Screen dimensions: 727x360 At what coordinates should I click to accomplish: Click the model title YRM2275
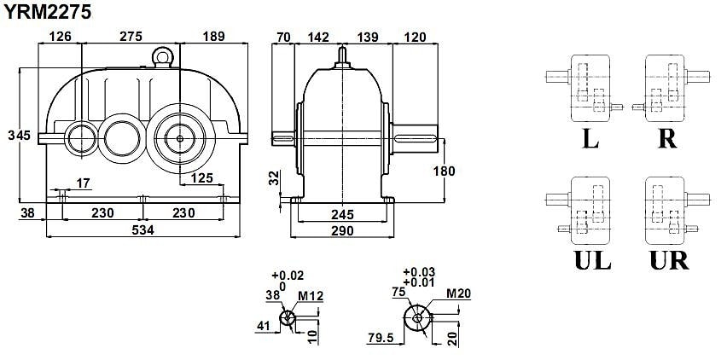pyautogui.click(x=47, y=13)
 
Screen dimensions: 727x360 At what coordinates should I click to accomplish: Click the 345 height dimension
pyautogui.click(x=19, y=136)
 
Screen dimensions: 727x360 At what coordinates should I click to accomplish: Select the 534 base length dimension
pyautogui.click(x=143, y=229)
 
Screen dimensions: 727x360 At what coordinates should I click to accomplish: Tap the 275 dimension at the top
pyautogui.click(x=131, y=37)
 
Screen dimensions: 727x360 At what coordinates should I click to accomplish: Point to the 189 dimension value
pyautogui.click(x=213, y=37)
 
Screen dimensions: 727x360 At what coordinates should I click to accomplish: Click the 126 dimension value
pyautogui.click(x=61, y=37)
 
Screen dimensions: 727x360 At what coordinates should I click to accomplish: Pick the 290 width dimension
pyautogui.click(x=342, y=230)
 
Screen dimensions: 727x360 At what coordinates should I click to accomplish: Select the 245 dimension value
pyautogui.click(x=342, y=214)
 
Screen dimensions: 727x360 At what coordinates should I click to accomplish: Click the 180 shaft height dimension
pyautogui.click(x=445, y=171)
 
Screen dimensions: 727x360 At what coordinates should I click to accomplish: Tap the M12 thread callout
pyautogui.click(x=311, y=296)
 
